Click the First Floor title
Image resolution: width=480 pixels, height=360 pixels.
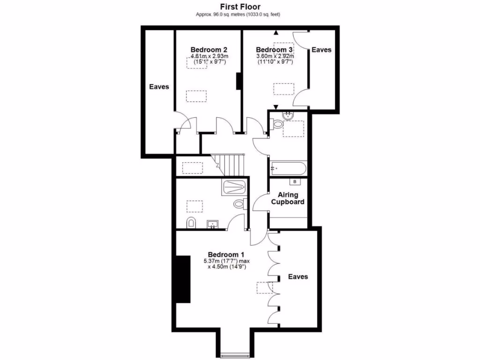tap(240, 7)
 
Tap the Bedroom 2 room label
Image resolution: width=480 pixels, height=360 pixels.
tap(209, 50)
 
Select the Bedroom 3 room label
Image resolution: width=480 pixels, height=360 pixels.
tap(274, 50)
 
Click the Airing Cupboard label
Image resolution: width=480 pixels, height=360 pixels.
tap(288, 198)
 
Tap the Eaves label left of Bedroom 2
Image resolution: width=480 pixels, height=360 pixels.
tap(159, 87)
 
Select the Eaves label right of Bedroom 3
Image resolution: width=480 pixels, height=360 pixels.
tap(322, 50)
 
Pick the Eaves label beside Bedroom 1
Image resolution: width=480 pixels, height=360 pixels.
tap(298, 277)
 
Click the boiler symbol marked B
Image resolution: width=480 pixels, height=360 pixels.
tap(295, 182)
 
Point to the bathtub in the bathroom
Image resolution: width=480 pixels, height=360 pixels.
tap(288, 168)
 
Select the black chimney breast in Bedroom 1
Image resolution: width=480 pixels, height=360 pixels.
tap(183, 279)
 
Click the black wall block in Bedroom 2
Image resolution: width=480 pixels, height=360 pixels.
tap(239, 81)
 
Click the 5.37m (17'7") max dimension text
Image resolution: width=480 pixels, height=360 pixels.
tap(227, 261)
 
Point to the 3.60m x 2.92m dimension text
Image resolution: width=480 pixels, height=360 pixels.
tap(275, 56)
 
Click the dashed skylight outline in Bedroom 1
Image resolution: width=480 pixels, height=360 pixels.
tap(264, 287)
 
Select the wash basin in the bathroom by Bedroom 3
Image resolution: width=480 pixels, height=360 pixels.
tap(287, 116)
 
